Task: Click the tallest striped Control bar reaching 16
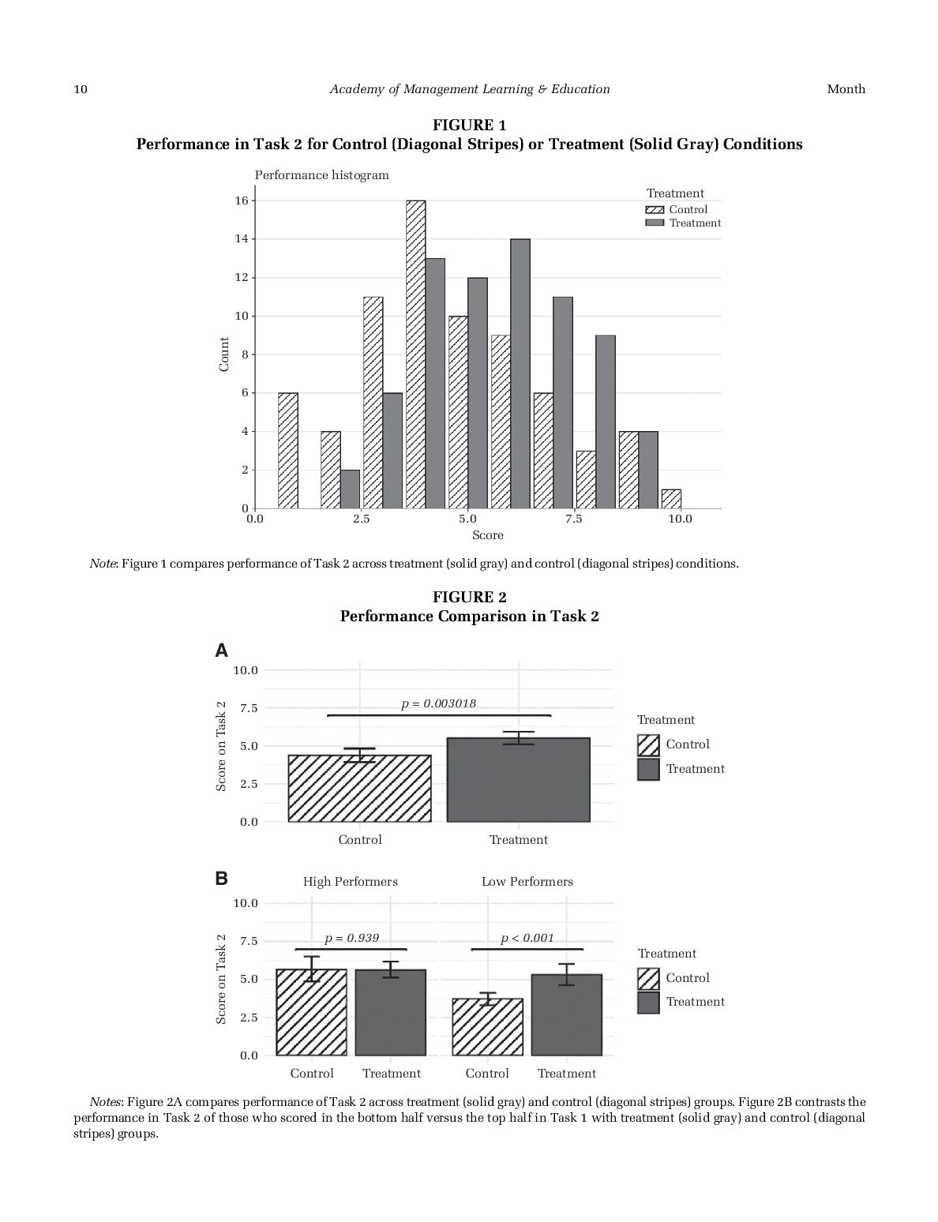pyautogui.click(x=415, y=354)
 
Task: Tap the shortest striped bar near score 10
pyautogui.click(x=671, y=499)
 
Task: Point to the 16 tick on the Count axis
pyautogui.click(x=241, y=201)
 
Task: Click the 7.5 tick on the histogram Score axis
pyautogui.click(x=574, y=519)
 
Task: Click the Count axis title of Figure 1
pyautogui.click(x=224, y=354)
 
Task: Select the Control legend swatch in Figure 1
pyautogui.click(x=655, y=210)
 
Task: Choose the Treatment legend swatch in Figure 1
pyautogui.click(x=655, y=223)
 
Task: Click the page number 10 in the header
pyautogui.click(x=81, y=89)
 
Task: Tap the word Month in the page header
pyautogui.click(x=846, y=89)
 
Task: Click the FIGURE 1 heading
pyautogui.click(x=469, y=126)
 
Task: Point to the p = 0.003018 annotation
pyautogui.click(x=438, y=703)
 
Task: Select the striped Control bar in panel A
pyautogui.click(x=359, y=789)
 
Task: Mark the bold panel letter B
pyautogui.click(x=222, y=879)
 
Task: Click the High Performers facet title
pyautogui.click(x=351, y=882)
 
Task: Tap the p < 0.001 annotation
pyautogui.click(x=527, y=939)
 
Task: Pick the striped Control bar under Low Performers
pyautogui.click(x=487, y=1027)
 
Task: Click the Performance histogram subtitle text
pyautogui.click(x=321, y=175)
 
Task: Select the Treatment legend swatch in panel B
pyautogui.click(x=648, y=1003)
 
